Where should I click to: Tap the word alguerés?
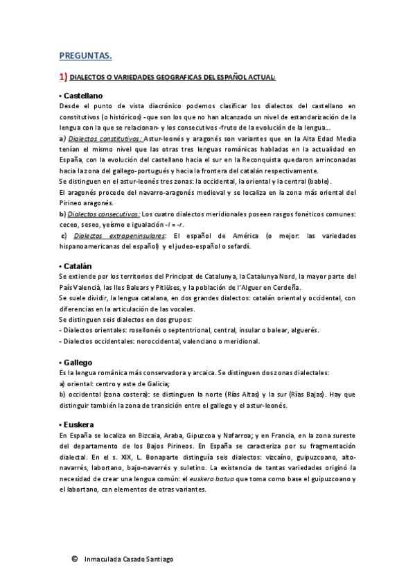click(x=304, y=331)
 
